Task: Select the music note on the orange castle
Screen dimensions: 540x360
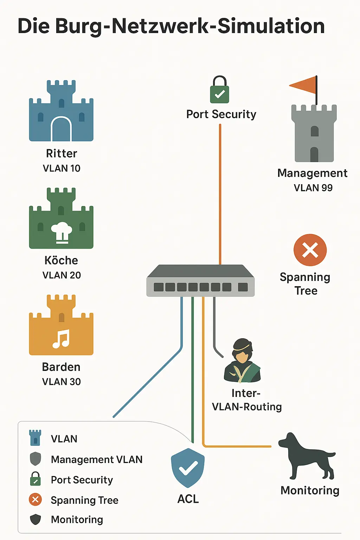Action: click(x=61, y=339)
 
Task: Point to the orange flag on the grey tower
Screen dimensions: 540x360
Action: click(x=303, y=85)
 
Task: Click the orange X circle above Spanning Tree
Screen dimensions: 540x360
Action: click(x=310, y=250)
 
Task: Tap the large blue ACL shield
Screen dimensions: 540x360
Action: click(x=188, y=468)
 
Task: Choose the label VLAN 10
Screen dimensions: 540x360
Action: click(x=62, y=168)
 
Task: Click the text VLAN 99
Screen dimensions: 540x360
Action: click(x=313, y=188)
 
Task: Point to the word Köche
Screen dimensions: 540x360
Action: click(x=61, y=261)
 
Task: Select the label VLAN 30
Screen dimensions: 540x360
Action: click(x=62, y=382)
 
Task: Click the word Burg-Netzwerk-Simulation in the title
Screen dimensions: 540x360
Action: click(x=190, y=26)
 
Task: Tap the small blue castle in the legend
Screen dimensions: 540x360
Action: click(x=35, y=438)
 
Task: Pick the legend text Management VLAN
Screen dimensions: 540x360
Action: click(x=97, y=459)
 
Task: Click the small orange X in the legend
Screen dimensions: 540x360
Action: click(x=35, y=500)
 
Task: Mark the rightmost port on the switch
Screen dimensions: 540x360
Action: click(x=243, y=287)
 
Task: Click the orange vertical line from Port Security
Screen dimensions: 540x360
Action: click(x=220, y=193)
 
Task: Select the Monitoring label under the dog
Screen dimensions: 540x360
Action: click(x=310, y=490)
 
